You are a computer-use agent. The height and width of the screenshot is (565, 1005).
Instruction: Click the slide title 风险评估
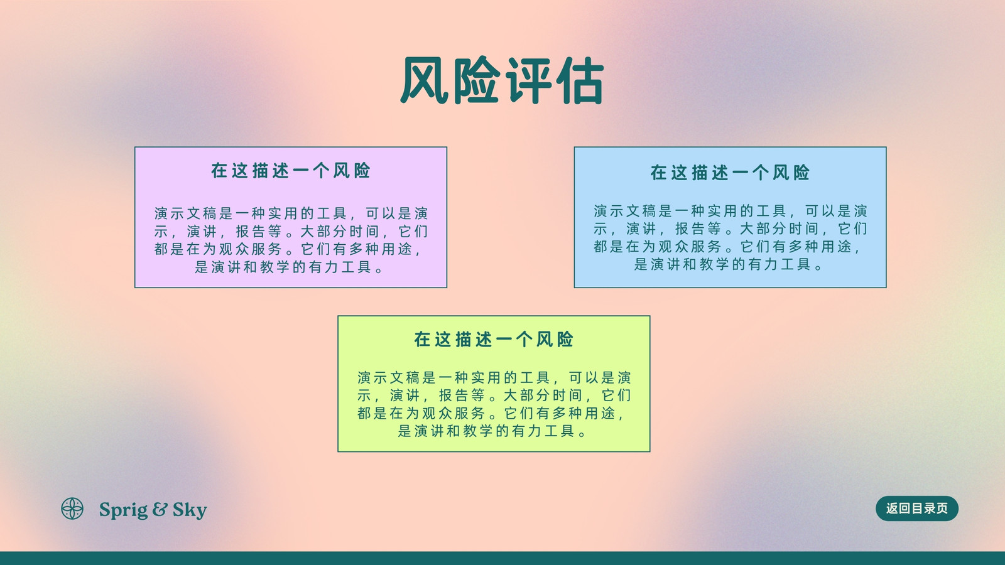tap(502, 80)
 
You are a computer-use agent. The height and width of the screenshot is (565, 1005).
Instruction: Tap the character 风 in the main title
tap(425, 80)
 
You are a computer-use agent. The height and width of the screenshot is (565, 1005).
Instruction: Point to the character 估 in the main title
tap(580, 80)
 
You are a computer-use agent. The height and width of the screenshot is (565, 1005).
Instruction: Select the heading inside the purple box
tap(291, 170)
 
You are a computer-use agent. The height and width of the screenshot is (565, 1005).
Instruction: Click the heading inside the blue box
tap(730, 172)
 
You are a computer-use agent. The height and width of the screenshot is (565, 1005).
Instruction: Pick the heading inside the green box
tap(494, 340)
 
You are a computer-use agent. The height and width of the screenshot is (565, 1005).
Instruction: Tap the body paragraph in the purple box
tap(291, 240)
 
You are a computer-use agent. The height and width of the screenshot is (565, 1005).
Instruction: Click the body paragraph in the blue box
tap(730, 238)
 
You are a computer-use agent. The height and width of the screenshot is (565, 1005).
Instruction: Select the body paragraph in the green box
tap(494, 404)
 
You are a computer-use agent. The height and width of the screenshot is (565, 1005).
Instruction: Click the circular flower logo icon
tap(72, 508)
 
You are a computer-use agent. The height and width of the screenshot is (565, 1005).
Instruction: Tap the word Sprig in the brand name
tap(123, 510)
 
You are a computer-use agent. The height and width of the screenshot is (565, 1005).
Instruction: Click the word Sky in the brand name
tap(190, 510)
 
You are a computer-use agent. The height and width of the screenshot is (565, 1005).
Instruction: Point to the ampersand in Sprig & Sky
tap(160, 509)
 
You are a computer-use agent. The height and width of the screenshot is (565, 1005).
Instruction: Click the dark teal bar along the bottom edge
tap(503, 558)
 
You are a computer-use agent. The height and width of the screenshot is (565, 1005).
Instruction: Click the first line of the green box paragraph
tap(494, 377)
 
